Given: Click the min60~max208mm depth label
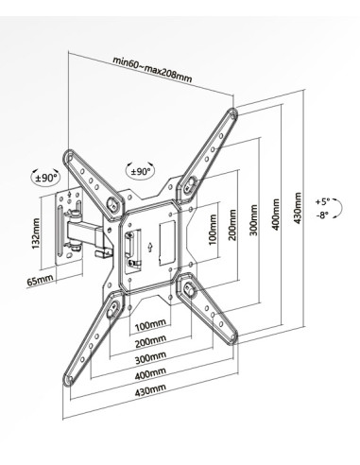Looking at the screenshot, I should click(x=151, y=69).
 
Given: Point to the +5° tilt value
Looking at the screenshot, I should click(x=323, y=201).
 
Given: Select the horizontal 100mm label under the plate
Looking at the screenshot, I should click(x=149, y=325).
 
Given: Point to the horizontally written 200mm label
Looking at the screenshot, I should click(x=149, y=342).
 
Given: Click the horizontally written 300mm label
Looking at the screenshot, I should click(x=149, y=358).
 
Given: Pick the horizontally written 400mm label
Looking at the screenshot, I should click(x=149, y=374).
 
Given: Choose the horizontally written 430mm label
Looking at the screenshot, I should click(x=149, y=389).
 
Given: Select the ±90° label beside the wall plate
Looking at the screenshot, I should click(x=45, y=177).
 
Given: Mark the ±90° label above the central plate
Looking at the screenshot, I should click(x=139, y=172).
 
